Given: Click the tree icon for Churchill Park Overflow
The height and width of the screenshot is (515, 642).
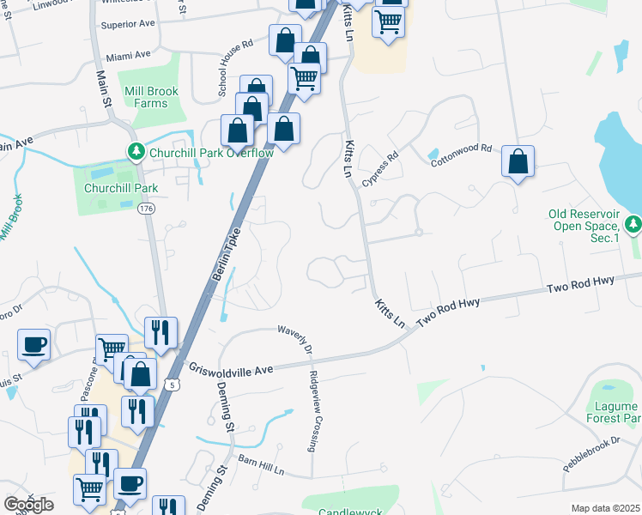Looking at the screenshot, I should [136, 152].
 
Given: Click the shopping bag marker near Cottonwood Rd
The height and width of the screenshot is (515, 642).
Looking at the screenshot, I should [518, 161].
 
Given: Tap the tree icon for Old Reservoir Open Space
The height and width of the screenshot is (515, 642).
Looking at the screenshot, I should [633, 224].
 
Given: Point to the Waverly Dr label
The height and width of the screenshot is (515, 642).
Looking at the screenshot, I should [294, 339].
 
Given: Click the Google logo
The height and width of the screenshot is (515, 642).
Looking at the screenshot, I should [28, 505].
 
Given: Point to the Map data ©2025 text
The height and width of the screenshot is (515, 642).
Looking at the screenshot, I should [605, 508].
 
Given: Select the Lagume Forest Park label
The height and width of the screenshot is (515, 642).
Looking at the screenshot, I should [613, 412].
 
